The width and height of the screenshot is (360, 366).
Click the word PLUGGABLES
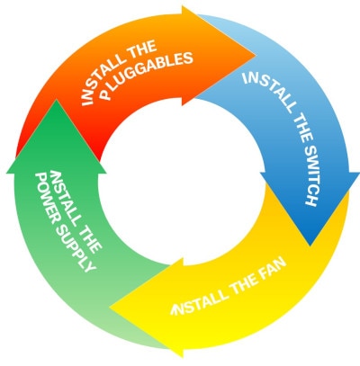click(146, 75)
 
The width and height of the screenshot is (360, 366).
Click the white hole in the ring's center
click(182, 182)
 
